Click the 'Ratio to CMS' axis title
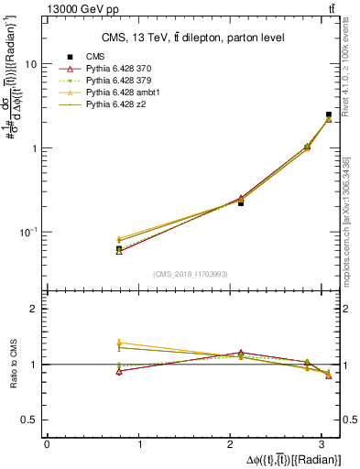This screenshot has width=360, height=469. [14, 364]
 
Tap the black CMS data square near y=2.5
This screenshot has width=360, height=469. [329, 115]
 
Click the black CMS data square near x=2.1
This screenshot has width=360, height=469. [241, 202]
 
